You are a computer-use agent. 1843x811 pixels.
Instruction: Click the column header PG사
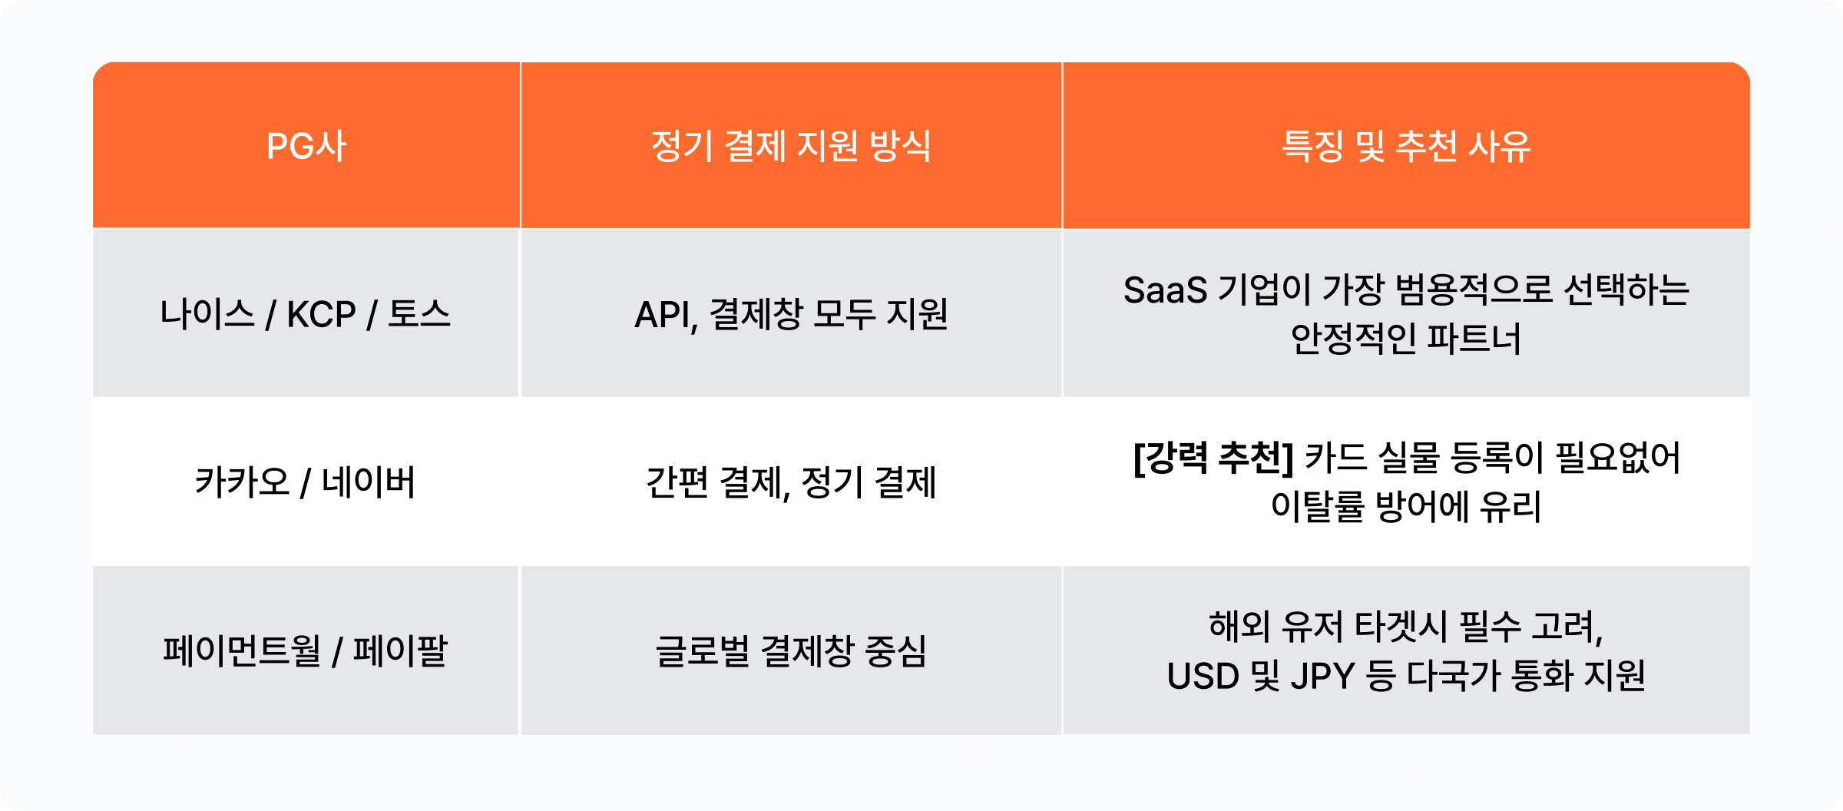pyautogui.click(x=306, y=146)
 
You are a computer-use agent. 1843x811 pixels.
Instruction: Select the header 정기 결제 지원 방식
pyautogui.click(x=791, y=146)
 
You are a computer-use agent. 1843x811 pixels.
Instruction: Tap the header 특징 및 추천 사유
pyautogui.click(x=1406, y=146)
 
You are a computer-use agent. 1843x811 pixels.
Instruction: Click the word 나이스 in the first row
pyautogui.click(x=207, y=314)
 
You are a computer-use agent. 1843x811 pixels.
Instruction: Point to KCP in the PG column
pyautogui.click(x=321, y=314)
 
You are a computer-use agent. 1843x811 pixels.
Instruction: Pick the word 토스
pyautogui.click(x=419, y=314)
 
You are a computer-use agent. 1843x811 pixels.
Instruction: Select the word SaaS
pyautogui.click(x=1165, y=290)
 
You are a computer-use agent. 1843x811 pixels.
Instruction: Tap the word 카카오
pyautogui.click(x=242, y=482)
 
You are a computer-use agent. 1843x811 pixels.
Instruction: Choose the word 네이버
pyautogui.click(x=369, y=482)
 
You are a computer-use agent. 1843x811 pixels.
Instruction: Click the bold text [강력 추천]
pyautogui.click(x=1213, y=458)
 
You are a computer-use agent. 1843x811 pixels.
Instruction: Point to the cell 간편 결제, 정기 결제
pyautogui.click(x=791, y=482)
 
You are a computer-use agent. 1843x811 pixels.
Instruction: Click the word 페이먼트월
pyautogui.click(x=241, y=650)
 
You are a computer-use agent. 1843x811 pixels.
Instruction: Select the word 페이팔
pyautogui.click(x=400, y=650)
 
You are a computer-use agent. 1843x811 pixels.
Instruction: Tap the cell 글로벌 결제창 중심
pyautogui.click(x=791, y=650)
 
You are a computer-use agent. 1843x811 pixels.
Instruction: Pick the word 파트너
pyautogui.click(x=1473, y=339)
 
